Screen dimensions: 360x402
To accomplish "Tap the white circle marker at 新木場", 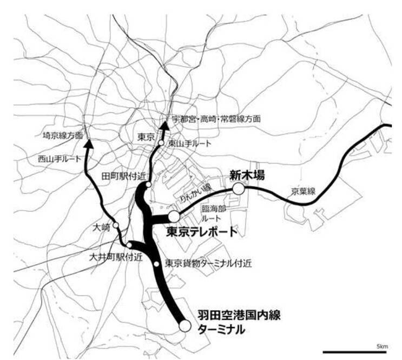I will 239,188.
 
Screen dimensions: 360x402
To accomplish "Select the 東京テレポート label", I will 201,232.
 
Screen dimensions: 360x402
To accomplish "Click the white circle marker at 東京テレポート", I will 174,217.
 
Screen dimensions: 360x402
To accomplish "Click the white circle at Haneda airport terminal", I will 185,326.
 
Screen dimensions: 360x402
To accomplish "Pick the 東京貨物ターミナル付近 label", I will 208,264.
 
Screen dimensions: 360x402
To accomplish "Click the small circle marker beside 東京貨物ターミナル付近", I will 156,264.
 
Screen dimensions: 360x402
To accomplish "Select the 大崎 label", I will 102,227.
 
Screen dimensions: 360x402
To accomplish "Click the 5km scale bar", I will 353,352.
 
